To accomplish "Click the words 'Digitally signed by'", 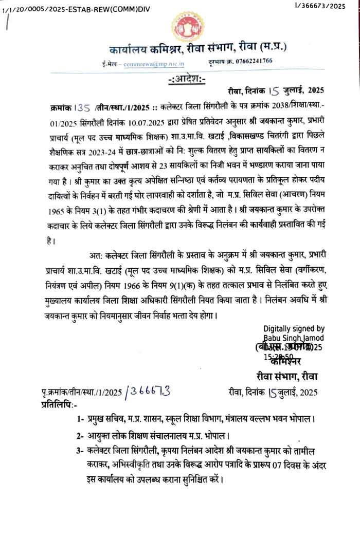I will pos(294,328).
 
